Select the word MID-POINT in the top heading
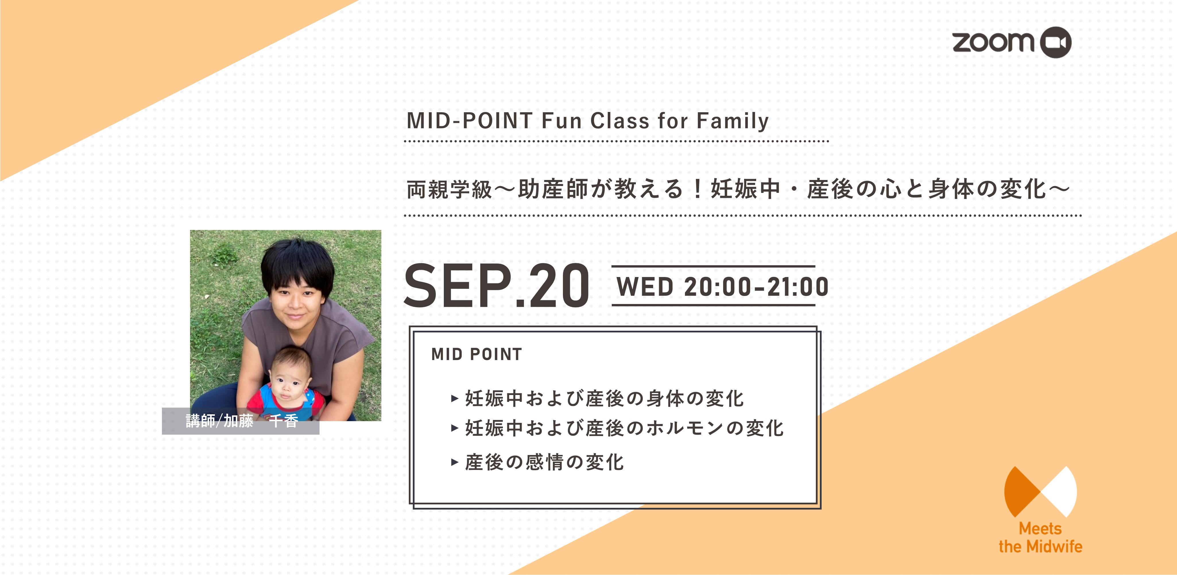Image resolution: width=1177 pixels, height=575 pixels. point(470,121)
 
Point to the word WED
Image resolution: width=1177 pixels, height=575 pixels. point(645,287)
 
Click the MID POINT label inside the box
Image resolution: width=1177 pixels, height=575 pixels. point(477,354)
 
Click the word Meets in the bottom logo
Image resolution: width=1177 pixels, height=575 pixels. point(1040,529)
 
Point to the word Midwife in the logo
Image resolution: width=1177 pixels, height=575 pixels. point(1056,547)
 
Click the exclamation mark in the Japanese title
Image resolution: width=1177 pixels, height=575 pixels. point(697,189)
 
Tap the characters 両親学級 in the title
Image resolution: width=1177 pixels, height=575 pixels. point(449,189)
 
